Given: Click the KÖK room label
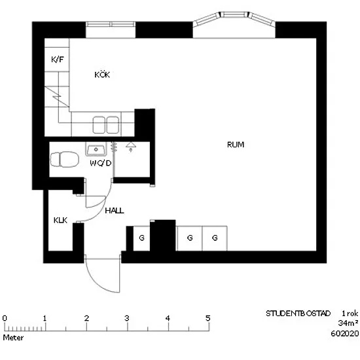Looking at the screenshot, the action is coord(102,75).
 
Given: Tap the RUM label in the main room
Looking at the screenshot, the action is coord(236,145).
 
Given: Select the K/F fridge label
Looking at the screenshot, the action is coord(57,60).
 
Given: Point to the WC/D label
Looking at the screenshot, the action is coord(101,163).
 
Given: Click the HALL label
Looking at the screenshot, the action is coord(115,211).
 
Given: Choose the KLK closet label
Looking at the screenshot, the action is coord(60,220).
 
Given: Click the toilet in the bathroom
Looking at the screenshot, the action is coord(65,159).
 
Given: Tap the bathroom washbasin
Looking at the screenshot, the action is coord(96,149).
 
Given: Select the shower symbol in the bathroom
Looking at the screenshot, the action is coord(131,147).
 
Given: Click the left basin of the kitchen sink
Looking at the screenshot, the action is coord(99,125).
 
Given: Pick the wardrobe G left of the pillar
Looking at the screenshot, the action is coord(141,238).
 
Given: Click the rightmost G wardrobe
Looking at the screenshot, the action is coord(215,238).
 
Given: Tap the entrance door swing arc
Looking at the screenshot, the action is coord(96,283).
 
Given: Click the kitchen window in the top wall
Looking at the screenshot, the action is coord(111,24).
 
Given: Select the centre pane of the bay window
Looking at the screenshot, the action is coord(234,14).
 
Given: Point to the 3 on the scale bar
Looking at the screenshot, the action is coord(127,318).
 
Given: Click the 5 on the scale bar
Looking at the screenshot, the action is coord(208,318).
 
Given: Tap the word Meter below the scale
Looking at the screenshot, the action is coord(13,338).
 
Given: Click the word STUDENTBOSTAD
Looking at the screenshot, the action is coord(298,314).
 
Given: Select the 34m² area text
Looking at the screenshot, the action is coord(348,323).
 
